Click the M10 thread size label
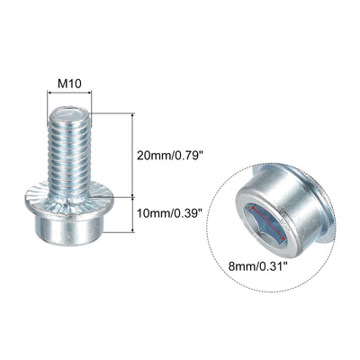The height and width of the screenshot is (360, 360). tap(69, 84)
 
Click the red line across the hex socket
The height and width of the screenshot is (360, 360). tap(268, 223)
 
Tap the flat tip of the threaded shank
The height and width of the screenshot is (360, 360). tap(69, 113)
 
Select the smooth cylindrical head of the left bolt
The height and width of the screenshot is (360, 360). tap(69, 229)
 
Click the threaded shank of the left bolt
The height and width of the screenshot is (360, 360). tap(69, 150)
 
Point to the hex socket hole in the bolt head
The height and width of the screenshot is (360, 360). tap(265, 223)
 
